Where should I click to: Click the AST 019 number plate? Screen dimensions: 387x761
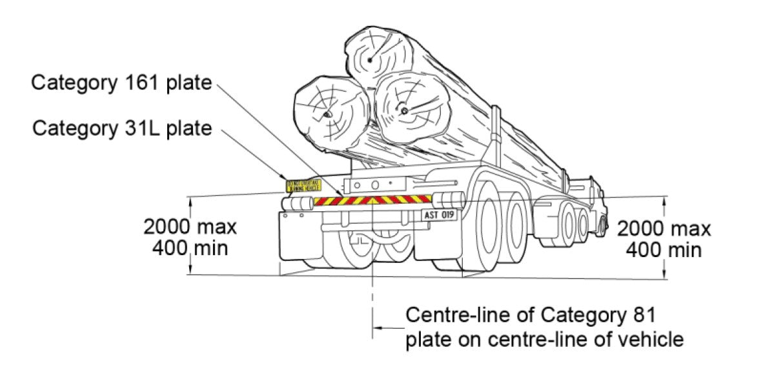[440, 215]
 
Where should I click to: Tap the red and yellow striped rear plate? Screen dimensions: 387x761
[372, 200]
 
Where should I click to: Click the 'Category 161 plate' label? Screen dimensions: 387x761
[121, 83]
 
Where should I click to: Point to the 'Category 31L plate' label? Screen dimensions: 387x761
[122, 128]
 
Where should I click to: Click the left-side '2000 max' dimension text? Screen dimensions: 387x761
[190, 227]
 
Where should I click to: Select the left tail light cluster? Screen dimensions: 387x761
[296, 204]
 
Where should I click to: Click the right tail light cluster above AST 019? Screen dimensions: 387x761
[448, 198]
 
